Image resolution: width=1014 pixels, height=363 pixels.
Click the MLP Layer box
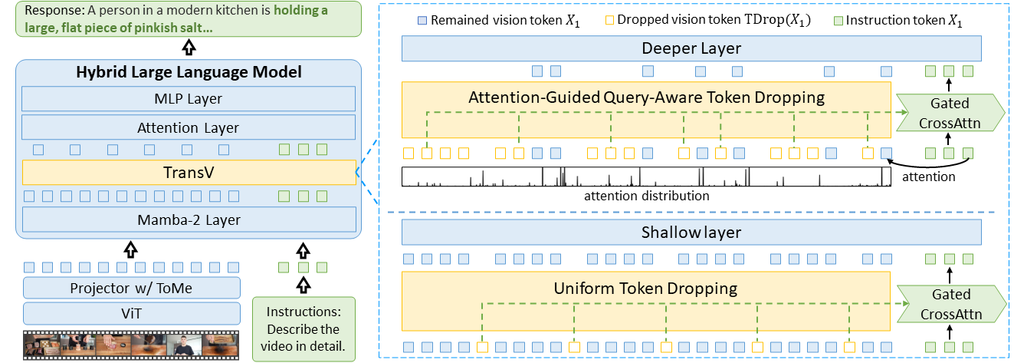coord(189,98)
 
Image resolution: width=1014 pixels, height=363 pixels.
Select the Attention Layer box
coord(189,127)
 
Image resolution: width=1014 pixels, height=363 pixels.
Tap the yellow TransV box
coord(189,173)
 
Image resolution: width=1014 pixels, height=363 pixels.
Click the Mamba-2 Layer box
coord(189,219)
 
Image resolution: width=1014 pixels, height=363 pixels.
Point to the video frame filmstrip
coord(131,345)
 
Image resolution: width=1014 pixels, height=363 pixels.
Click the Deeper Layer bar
coord(691,49)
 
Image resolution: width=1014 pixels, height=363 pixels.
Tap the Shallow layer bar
coord(691,232)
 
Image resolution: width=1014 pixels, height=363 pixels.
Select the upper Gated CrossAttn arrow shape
coord(949,113)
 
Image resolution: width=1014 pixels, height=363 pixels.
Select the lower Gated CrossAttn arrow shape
coord(949,304)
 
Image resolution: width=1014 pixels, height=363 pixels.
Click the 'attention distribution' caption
coord(646,196)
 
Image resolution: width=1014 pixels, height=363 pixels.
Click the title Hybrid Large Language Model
coord(189,73)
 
